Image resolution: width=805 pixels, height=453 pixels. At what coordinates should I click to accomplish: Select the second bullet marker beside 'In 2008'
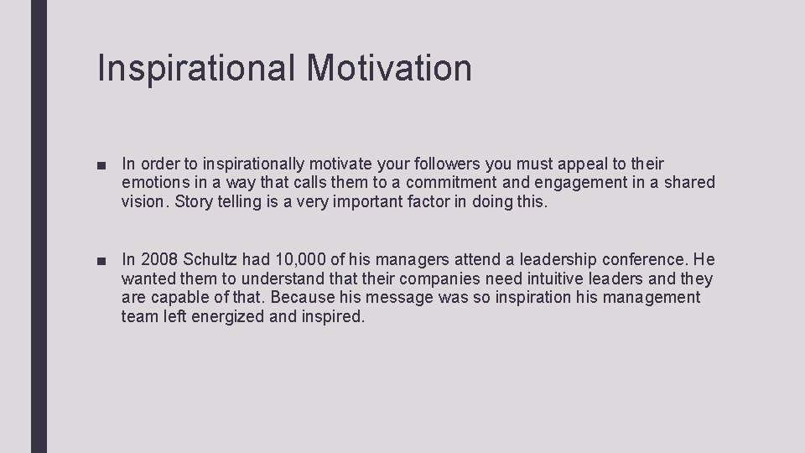point(102,261)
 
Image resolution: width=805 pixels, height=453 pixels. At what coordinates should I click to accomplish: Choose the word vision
point(143,201)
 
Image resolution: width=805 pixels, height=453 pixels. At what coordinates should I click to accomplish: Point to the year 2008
point(160,260)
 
